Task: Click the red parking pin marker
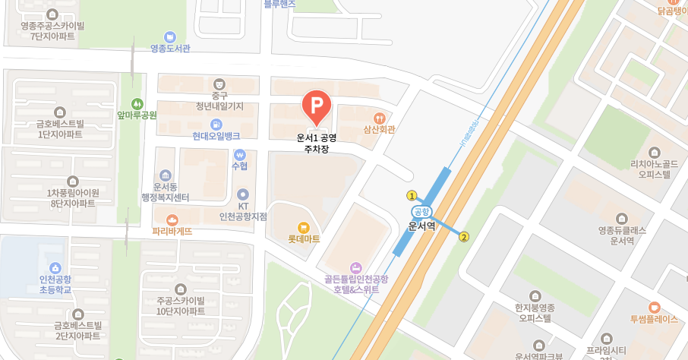tap(317, 107)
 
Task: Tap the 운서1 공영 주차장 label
tap(316, 144)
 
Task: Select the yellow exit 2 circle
tap(464, 236)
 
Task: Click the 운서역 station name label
tap(421, 226)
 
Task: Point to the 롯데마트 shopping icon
tap(304, 226)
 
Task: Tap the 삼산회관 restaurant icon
tap(380, 118)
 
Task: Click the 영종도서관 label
tap(170, 49)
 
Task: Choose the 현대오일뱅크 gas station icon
tap(216, 124)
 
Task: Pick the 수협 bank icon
tap(240, 154)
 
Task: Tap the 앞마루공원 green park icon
tap(137, 103)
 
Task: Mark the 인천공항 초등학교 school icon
tap(55, 268)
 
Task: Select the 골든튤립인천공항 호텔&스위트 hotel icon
tap(355, 267)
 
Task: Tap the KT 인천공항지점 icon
tap(243, 194)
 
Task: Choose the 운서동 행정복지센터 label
tap(165, 192)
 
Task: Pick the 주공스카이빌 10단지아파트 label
tap(181, 305)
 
